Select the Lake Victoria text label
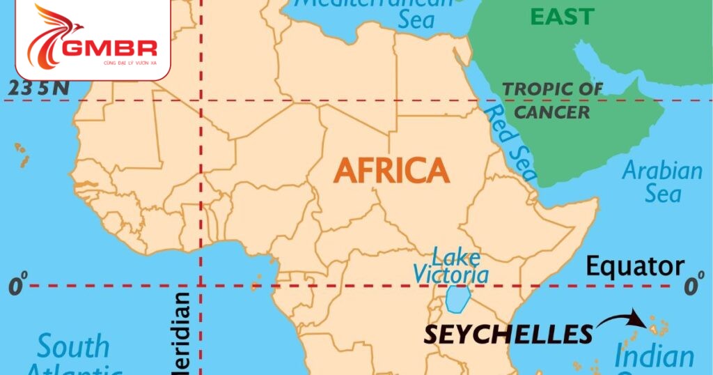(x=451, y=265)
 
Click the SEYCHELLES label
(x=508, y=334)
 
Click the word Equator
(x=634, y=266)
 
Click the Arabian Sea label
(x=661, y=181)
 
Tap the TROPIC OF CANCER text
(x=553, y=100)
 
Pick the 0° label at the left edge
(x=18, y=286)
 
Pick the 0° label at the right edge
(x=694, y=286)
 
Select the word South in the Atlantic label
(x=73, y=346)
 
